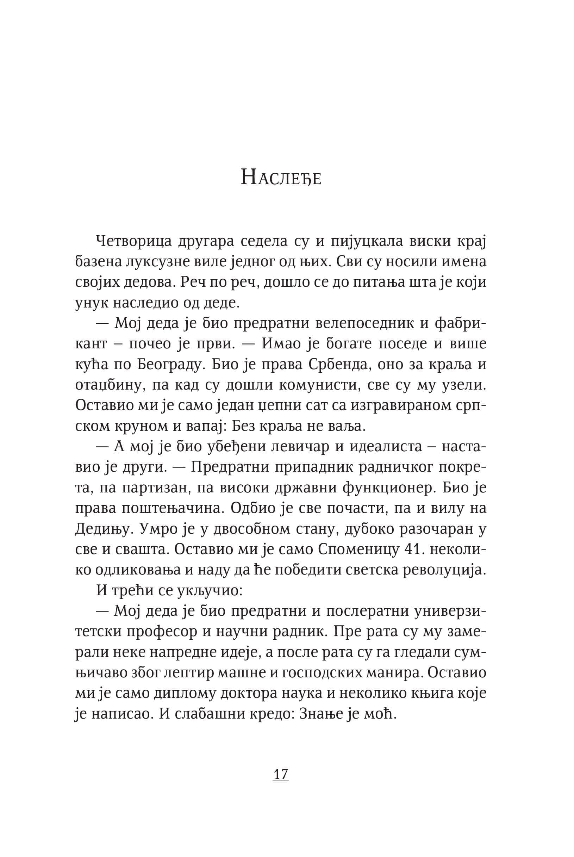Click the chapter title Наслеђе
281,178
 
